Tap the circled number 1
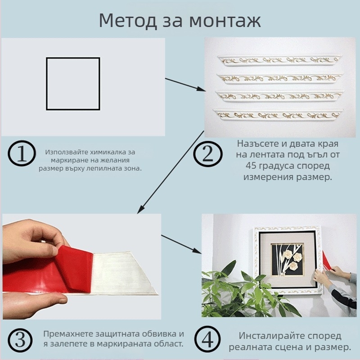[21, 154]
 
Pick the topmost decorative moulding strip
[279, 60]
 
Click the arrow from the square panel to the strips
[185, 85]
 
